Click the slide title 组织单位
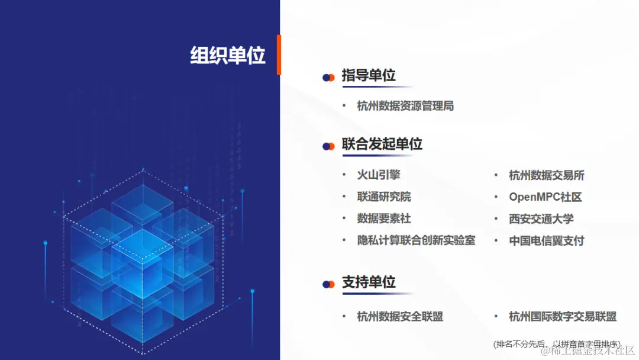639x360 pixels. pos(228,56)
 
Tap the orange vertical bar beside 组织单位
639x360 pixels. pos(279,54)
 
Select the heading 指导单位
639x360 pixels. pos(369,76)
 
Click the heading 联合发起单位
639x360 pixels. pos(382,144)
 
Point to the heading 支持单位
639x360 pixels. pos(369,282)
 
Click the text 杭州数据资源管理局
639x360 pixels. pos(405,106)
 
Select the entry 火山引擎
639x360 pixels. pos(379,175)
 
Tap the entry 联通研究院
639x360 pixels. pos(384,197)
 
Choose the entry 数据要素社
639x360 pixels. pos(384,218)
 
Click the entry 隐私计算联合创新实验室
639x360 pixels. pos(416,240)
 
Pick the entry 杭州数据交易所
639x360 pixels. pos(547,175)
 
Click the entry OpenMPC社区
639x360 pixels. pos(546,197)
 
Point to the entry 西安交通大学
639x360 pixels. pos(541,218)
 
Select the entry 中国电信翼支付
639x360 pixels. pos(547,240)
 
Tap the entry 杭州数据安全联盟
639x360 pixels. pos(400,316)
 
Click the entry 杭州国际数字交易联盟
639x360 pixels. pos(563,316)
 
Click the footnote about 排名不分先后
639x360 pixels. pos(557,343)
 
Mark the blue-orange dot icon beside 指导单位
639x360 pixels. pos(328,78)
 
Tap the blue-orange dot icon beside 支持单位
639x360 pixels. pos(328,284)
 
